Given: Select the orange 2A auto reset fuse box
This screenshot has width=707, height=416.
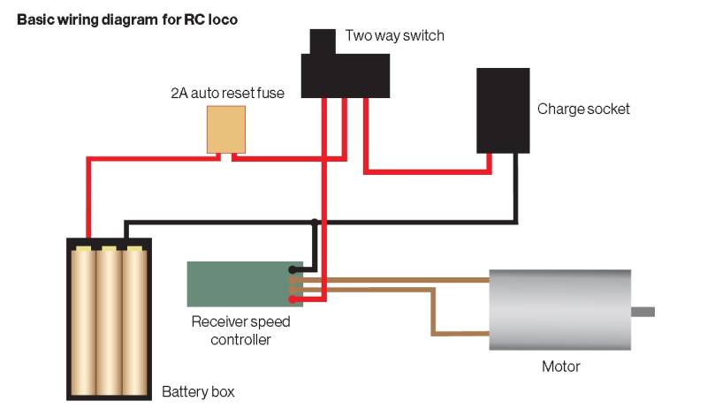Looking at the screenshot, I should point(225,130).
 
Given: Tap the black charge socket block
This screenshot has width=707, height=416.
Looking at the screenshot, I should point(502,110).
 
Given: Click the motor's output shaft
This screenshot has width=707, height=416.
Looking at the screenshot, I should point(642,311).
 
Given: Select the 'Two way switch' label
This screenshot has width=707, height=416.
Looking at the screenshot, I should point(394,36).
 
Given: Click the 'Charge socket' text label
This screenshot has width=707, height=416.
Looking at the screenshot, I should point(583,110).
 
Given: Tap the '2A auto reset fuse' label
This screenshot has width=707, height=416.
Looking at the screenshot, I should point(227,93).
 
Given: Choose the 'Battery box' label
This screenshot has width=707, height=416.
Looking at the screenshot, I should point(198,390).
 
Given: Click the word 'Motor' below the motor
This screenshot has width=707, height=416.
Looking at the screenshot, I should point(561,366).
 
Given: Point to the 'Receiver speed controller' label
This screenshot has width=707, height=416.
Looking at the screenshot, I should point(240,329).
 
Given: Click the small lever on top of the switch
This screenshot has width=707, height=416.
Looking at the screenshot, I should point(318,41).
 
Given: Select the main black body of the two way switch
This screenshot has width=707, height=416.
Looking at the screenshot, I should point(346,74).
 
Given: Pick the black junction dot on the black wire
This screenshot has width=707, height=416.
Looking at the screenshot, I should point(315,221).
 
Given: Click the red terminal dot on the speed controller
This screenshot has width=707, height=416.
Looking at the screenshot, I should point(292,299).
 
